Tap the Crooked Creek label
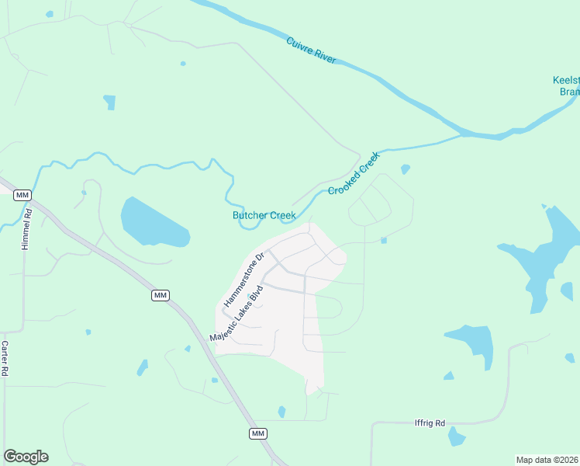tap(354, 173)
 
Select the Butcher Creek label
tap(264, 216)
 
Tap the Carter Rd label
tap(5, 358)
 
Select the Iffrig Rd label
tap(430, 423)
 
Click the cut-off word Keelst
tap(565, 80)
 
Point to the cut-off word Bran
tap(569, 92)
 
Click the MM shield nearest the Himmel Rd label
tap(22, 195)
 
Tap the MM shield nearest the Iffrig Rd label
tap(258, 433)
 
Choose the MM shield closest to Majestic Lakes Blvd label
tap(161, 295)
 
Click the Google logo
tap(26, 457)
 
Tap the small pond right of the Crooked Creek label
tap(405, 169)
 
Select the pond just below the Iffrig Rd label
tap(456, 436)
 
